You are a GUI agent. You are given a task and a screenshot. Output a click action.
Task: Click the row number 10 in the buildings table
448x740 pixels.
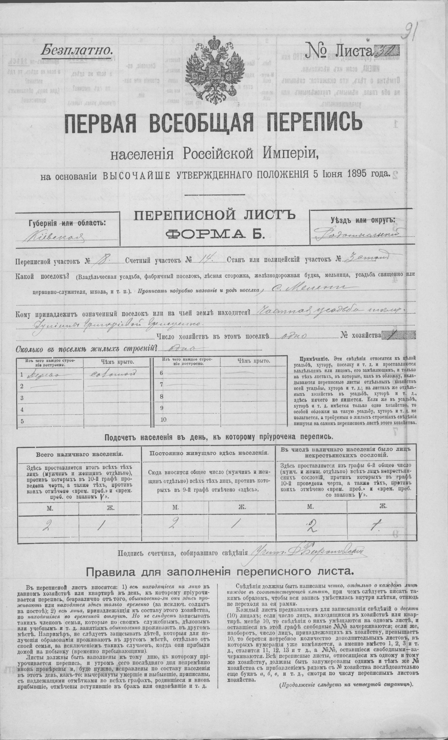[163, 420]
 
